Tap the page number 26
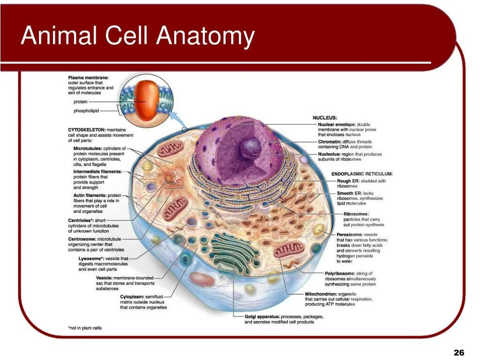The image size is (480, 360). pos(459,352)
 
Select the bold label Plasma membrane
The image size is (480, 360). pos(88,77)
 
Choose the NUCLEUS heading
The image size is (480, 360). pos(325,118)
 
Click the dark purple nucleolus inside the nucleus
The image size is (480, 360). pos(249,147)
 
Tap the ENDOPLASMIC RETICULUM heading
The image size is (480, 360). pos(362,174)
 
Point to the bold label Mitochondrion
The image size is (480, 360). pos(321,294)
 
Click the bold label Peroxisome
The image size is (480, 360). pos(350,234)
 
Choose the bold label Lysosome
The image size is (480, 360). pos(92,258)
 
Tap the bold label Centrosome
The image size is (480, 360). pos(82,239)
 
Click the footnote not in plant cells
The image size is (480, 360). pos(84,328)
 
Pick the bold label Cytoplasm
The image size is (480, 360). pos(135,297)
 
